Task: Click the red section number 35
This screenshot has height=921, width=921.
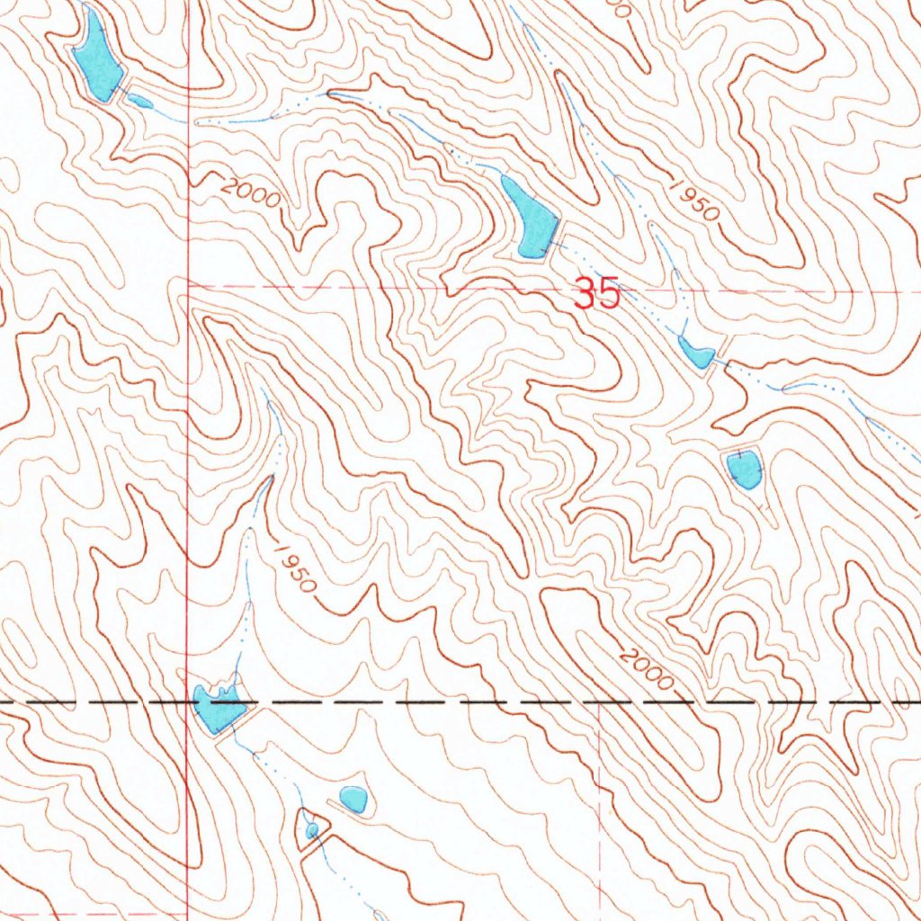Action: point(597,294)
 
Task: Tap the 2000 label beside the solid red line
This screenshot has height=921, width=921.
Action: point(250,191)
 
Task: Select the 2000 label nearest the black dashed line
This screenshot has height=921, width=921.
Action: point(646,670)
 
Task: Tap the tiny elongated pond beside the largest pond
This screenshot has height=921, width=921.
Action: point(140,102)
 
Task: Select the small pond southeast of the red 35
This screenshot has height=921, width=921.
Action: point(696,353)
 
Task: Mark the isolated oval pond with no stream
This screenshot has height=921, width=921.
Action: point(353,798)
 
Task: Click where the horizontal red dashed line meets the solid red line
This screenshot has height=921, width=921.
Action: point(187,285)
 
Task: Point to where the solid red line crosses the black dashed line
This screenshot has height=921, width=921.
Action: point(187,700)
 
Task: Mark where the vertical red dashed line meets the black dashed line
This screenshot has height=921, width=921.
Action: point(599,700)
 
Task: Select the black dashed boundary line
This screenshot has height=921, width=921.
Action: point(450,700)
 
